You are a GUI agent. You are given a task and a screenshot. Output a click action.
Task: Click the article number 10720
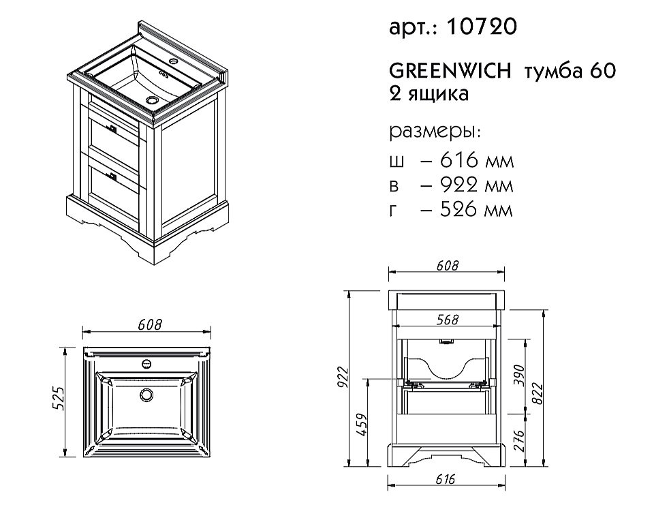(482, 27)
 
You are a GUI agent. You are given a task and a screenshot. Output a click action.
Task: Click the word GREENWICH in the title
(450, 71)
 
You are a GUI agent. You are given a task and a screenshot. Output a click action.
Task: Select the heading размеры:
(435, 132)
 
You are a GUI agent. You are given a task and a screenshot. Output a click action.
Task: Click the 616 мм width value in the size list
(477, 160)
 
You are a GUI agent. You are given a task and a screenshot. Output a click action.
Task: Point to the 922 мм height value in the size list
(477, 185)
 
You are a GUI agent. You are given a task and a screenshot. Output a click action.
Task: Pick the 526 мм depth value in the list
(477, 209)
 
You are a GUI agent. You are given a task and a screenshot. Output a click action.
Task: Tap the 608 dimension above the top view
(150, 325)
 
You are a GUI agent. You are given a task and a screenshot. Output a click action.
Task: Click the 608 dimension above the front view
(447, 266)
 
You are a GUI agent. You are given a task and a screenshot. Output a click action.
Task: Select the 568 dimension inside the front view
(448, 320)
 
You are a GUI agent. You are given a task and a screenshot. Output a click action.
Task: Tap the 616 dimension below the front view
(445, 479)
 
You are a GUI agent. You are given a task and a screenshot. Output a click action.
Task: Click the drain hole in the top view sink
(146, 395)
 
